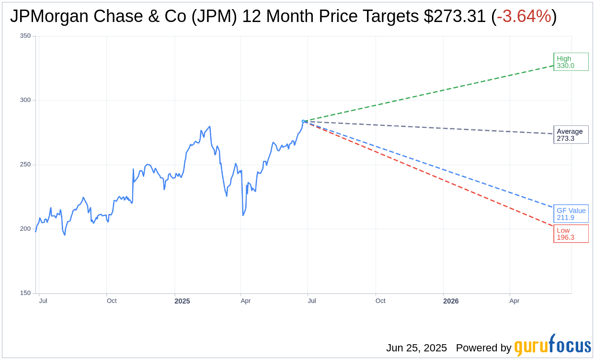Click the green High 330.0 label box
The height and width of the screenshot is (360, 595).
[571, 62]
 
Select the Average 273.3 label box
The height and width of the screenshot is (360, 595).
[571, 135]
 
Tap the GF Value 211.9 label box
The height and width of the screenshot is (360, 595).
[571, 214]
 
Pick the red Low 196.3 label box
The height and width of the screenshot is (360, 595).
[571, 234]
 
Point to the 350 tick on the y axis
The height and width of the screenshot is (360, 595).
[25, 36]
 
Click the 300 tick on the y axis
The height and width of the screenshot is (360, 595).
[25, 100]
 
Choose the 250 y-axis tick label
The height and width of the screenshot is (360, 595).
[25, 165]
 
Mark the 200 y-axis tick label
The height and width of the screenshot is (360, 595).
[25, 229]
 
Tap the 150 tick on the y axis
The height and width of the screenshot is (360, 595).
[25, 293]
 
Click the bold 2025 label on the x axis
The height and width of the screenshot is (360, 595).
[182, 301]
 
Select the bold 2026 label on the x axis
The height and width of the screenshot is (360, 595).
[451, 301]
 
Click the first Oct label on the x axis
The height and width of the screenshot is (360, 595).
[112, 301]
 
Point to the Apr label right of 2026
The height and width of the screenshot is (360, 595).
[514, 301]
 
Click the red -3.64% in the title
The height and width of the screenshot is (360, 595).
[524, 16]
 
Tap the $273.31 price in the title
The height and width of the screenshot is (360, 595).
[455, 16]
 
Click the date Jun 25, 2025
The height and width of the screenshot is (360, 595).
[416, 348]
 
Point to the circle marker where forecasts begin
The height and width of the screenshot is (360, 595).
[303, 122]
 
